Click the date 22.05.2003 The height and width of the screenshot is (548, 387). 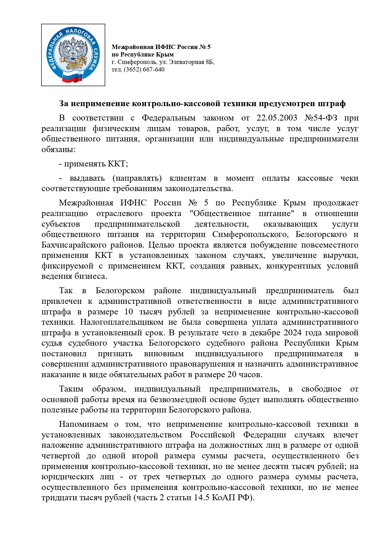277,118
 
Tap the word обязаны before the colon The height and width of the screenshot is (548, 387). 57,150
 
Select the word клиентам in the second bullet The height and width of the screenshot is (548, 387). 187,178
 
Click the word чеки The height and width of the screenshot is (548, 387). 349,178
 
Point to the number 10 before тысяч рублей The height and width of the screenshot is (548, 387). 128,312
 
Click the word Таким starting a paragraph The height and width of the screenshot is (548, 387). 71,389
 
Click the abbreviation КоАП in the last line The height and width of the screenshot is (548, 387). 224,498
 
